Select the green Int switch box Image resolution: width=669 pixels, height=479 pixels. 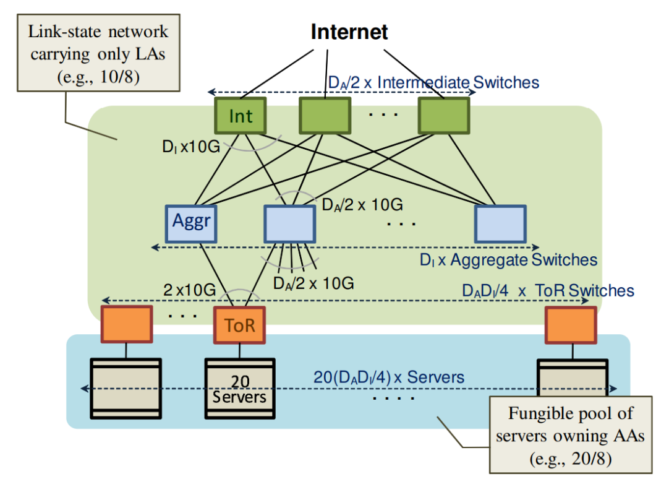point(240,116)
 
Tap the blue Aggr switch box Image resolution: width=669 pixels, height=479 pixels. point(192,223)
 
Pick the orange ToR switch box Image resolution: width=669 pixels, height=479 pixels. point(239,325)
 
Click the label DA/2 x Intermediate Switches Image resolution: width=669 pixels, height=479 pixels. point(433,82)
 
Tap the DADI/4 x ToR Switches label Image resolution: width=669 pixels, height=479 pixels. point(548,290)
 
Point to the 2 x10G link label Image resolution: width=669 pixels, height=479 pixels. point(189,289)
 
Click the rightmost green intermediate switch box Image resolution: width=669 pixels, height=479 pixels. point(443,116)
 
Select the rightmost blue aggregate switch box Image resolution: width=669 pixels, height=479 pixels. point(500,223)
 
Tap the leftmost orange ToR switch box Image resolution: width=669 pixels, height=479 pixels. point(127,325)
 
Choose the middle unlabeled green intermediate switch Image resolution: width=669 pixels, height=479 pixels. point(325,116)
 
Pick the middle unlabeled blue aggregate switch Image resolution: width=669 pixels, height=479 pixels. point(289,223)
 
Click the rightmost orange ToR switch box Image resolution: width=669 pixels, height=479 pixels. point(571,325)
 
